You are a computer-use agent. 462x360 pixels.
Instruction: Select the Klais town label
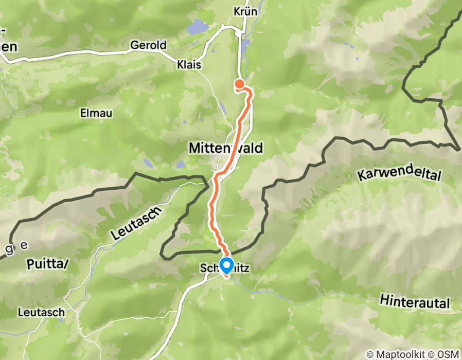tap(189, 65)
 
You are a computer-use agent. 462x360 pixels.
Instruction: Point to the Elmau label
tap(96, 113)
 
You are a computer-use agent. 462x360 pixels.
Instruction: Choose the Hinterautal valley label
tap(415, 301)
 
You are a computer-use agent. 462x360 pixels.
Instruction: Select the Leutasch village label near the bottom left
tap(41, 312)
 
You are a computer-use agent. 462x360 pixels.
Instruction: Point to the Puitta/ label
tap(46, 264)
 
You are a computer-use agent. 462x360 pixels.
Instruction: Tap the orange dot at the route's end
tap(239, 83)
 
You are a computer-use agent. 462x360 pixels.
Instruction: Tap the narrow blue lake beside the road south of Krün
tap(244, 46)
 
